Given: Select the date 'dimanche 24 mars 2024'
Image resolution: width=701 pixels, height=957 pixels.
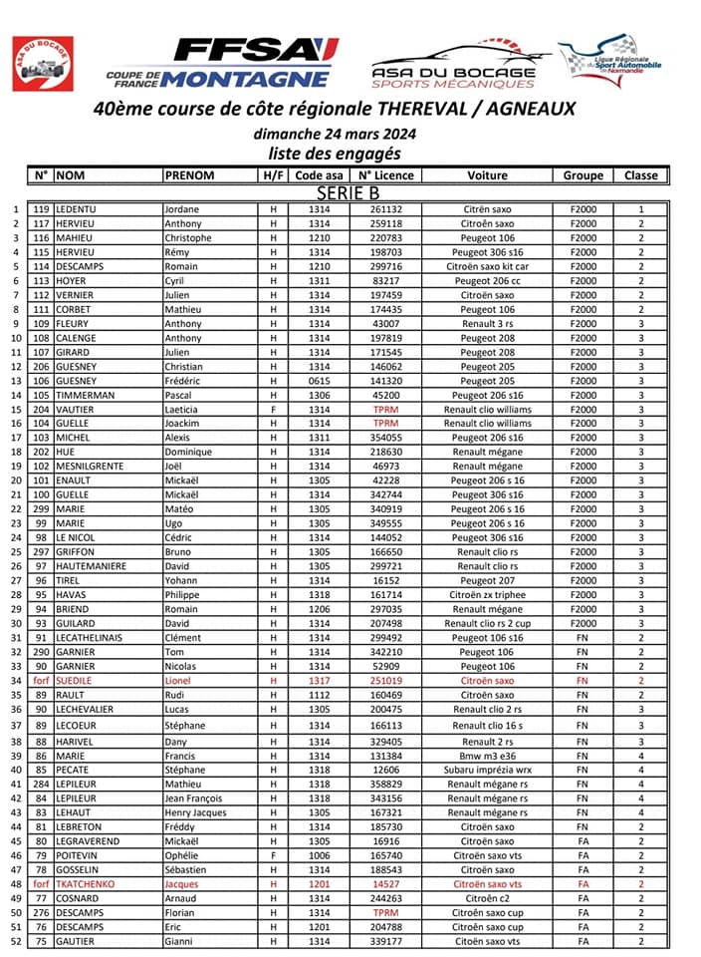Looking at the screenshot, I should pos(335,134).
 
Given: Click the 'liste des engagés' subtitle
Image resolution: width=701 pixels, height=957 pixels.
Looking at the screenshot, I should pos(335,154).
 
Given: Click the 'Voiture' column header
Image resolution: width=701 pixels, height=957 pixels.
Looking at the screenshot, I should pos(487,175).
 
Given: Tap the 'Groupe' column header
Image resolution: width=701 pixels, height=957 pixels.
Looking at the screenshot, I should pos(583,175).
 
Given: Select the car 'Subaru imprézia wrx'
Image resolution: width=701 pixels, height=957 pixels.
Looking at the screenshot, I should pos(487,770).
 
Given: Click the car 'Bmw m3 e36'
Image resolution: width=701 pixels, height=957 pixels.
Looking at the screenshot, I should pos(487,756).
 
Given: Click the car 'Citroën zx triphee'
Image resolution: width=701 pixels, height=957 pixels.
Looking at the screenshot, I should pos(487,595).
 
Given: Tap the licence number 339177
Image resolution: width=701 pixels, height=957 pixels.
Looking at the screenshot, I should pos(385,941).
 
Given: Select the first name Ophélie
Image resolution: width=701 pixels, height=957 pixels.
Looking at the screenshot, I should pos(182,855).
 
